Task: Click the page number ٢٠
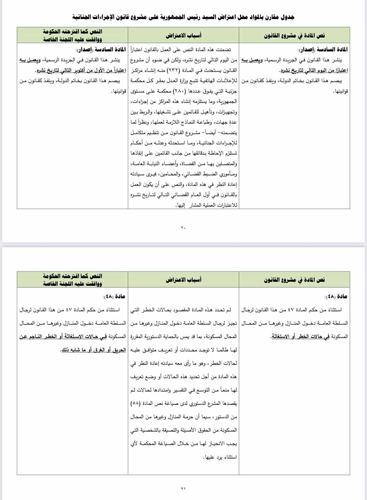pos(183,228)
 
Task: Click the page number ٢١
pos(183,488)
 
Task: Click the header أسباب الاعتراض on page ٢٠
pos(183,35)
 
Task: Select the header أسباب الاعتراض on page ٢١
pos(183,280)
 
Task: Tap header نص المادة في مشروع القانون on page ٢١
pos(294,280)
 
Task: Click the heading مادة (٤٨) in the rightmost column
pos(336,297)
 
